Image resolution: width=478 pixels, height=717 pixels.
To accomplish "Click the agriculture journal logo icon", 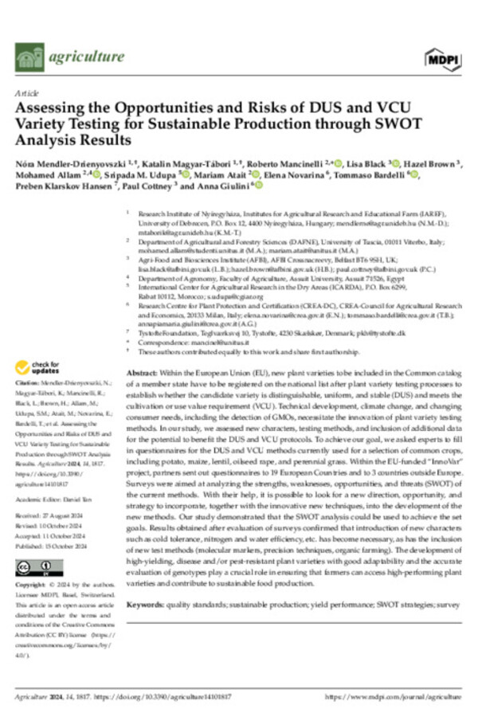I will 29,56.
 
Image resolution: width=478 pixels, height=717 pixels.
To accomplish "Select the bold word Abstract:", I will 141,374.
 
